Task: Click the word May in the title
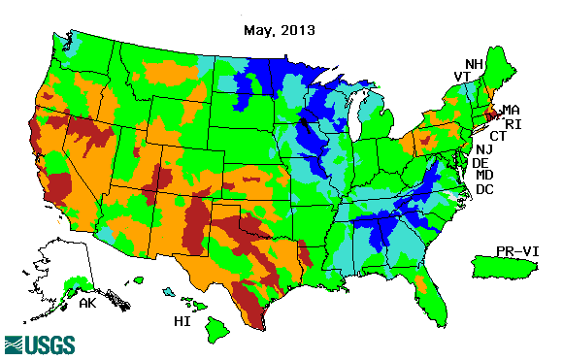[257, 30]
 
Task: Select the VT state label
[464, 77]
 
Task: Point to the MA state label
[511, 110]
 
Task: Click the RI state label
[514, 123]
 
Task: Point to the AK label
[87, 303]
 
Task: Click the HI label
[181, 320]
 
